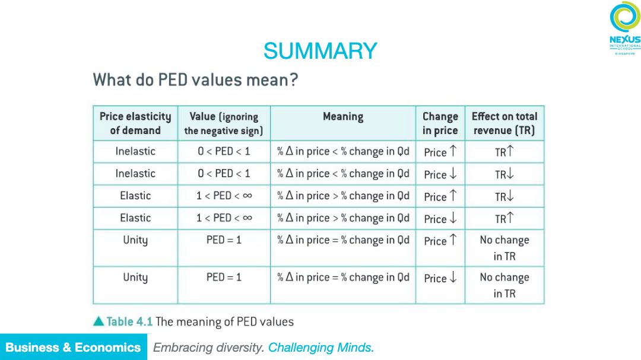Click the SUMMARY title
click(320, 51)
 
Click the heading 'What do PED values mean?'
click(195, 79)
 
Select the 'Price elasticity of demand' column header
click(135, 123)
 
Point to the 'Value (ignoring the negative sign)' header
click(224, 123)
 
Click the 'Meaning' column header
click(342, 117)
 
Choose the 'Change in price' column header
click(440, 123)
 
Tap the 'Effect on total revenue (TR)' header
click(504, 123)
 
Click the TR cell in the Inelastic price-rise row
click(504, 152)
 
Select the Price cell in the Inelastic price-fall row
click(440, 174)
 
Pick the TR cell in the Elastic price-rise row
click(504, 196)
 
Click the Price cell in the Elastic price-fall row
click(440, 219)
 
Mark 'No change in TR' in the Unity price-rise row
click(504, 248)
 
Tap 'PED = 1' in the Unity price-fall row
click(224, 277)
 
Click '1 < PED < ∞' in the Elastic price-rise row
click(224, 196)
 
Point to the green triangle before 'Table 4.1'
click(99, 321)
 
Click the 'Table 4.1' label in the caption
click(129, 321)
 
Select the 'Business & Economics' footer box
click(73, 348)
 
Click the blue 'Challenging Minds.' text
click(321, 348)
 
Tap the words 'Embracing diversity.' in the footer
click(208, 348)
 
